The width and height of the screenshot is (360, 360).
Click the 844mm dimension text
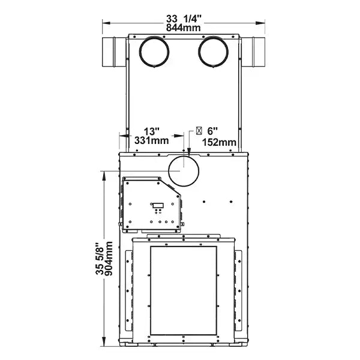[x=183, y=28]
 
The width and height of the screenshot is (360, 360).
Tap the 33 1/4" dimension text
[x=184, y=19]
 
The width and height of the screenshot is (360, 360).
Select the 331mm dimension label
[x=152, y=140]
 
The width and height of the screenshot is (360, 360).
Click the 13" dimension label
[x=152, y=131]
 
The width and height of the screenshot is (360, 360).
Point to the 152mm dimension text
[x=219, y=142]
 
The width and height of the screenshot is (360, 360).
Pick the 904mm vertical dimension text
[x=109, y=258]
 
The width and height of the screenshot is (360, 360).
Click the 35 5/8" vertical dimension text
[x=100, y=258]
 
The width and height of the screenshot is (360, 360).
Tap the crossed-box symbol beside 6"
[x=199, y=131]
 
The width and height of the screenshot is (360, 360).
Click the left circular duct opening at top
[x=154, y=51]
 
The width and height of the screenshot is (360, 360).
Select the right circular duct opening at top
[x=213, y=51]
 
